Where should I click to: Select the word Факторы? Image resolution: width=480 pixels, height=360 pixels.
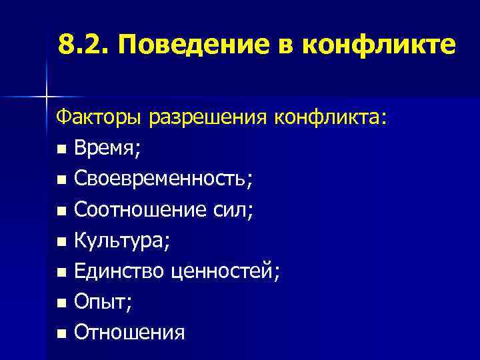pos(100,119)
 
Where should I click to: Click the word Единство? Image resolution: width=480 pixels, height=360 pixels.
pos(117,271)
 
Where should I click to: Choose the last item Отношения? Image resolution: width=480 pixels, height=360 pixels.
pos(130,331)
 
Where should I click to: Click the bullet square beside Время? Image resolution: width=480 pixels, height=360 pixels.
pos(61,149)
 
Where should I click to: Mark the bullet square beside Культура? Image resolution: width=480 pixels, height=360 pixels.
pos(61,241)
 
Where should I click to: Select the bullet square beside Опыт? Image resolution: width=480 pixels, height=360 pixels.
pos(61,302)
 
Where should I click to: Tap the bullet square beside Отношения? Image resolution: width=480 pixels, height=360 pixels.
pos(61,332)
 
